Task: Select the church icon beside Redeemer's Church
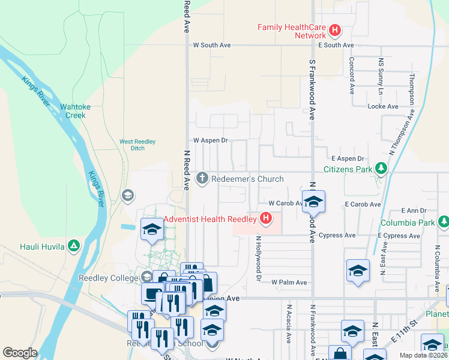pyautogui.click(x=202, y=179)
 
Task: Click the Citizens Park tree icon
pyautogui.click(x=380, y=170)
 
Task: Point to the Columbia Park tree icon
pyautogui.click(x=444, y=223)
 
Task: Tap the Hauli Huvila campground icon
pyautogui.click(x=73, y=245)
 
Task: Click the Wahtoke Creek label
pyautogui.click(x=75, y=111)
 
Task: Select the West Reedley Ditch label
pyautogui.click(x=137, y=145)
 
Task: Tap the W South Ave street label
pyautogui.click(x=211, y=45)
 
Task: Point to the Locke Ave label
pyautogui.click(x=383, y=106)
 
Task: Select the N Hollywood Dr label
pyautogui.click(x=259, y=259)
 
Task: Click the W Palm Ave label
pyautogui.click(x=289, y=282)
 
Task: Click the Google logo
pyautogui.click(x=20, y=352)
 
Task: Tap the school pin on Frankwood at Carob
pyautogui.click(x=313, y=202)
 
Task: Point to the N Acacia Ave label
pyautogui.click(x=289, y=326)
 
